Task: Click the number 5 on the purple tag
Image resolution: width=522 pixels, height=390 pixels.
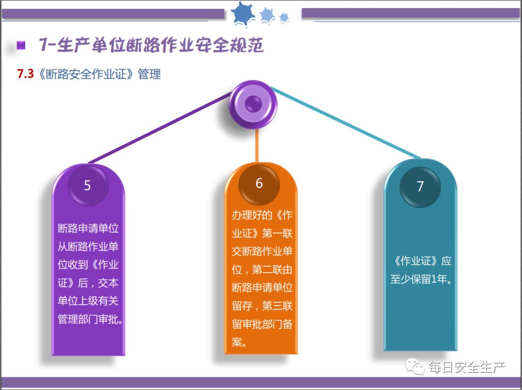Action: (x=87, y=186)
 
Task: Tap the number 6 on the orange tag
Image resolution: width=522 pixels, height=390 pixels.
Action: (x=259, y=184)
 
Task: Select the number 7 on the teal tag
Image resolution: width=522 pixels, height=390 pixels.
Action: (x=420, y=187)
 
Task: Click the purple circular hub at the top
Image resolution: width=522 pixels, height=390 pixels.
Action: (x=253, y=103)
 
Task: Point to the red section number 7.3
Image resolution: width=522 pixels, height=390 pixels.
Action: (x=25, y=74)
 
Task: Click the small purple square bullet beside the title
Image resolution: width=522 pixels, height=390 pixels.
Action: (x=21, y=46)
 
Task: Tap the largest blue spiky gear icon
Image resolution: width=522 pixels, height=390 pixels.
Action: (x=243, y=14)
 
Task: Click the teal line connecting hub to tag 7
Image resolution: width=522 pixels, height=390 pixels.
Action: (x=346, y=123)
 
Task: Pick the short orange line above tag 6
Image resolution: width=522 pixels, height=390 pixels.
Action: (x=257, y=145)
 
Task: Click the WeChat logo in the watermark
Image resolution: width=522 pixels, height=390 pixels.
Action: (x=415, y=367)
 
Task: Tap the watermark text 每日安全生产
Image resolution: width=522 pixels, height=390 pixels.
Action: (x=466, y=367)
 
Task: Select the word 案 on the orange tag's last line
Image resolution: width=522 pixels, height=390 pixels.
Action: (x=237, y=343)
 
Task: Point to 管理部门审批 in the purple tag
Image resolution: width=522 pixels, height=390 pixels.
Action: (x=87, y=319)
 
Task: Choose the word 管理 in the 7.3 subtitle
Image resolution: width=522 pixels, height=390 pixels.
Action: (x=149, y=74)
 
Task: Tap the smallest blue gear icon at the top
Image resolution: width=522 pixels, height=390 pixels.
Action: (x=284, y=18)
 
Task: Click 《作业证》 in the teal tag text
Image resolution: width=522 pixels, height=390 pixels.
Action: (x=416, y=261)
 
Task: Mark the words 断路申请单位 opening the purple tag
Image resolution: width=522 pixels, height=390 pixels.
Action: (x=88, y=228)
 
